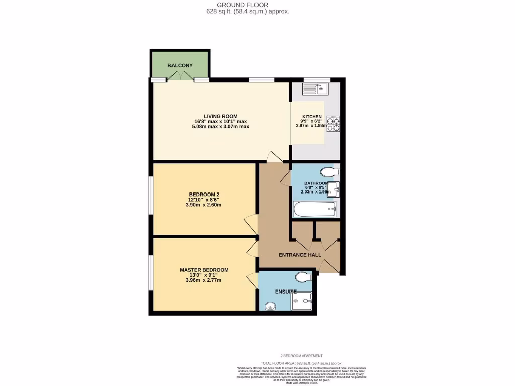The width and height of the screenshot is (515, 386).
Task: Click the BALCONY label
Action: tap(180, 66)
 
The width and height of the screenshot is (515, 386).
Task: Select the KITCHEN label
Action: tap(312, 117)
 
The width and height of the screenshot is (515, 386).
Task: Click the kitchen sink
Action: tap(315, 90)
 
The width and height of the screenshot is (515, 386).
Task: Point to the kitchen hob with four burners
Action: tap(333, 124)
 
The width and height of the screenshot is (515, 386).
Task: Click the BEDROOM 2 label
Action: tap(204, 195)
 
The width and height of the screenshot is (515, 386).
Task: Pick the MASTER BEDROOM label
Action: tap(204, 270)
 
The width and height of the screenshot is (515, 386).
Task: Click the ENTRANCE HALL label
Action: tap(300, 255)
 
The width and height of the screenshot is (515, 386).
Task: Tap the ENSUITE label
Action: tap(285, 292)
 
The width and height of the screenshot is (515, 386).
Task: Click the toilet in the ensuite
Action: tap(303, 277)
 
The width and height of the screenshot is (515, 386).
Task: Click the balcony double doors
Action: tap(181, 76)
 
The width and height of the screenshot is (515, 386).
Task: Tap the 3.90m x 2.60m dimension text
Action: tap(204, 205)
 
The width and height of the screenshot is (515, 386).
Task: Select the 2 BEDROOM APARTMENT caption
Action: tap(301, 356)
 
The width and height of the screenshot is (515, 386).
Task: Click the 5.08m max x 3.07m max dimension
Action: tap(220, 126)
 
